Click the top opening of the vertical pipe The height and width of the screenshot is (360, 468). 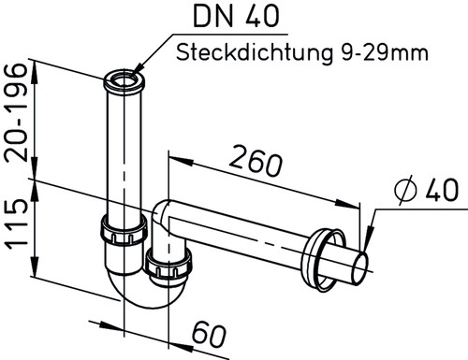[124, 77]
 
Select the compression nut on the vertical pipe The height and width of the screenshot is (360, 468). [121, 230]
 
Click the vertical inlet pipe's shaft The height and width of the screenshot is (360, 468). [123, 150]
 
